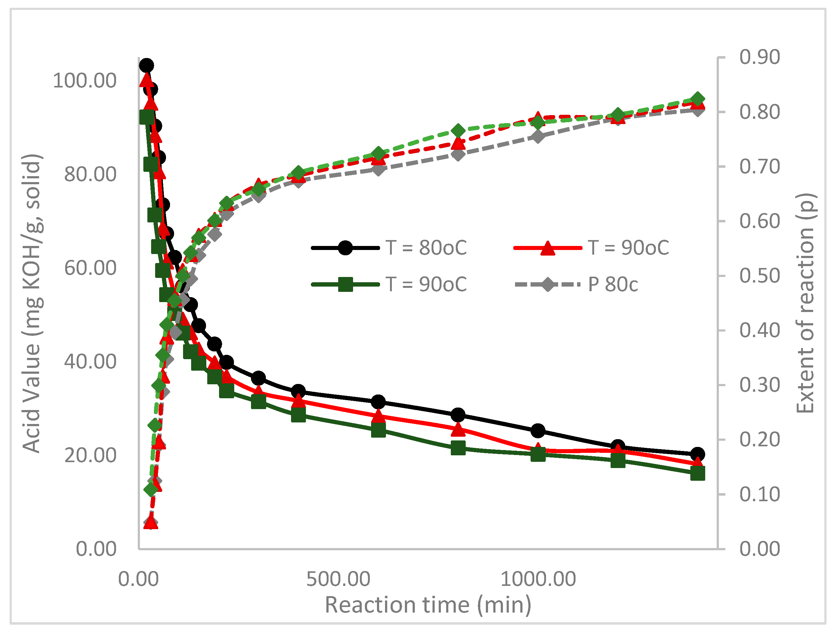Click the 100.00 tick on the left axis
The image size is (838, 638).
[x=84, y=81]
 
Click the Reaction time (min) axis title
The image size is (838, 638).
[x=428, y=605]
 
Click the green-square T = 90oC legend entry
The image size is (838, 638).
[x=389, y=284]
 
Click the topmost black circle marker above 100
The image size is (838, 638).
[x=146, y=66]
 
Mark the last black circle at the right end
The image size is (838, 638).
[x=697, y=454]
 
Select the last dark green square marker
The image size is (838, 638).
[x=697, y=474]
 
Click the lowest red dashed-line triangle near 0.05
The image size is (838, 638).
[x=151, y=523]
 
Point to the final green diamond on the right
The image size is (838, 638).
[x=697, y=100]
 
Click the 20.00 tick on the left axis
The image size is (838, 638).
[x=90, y=455]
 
